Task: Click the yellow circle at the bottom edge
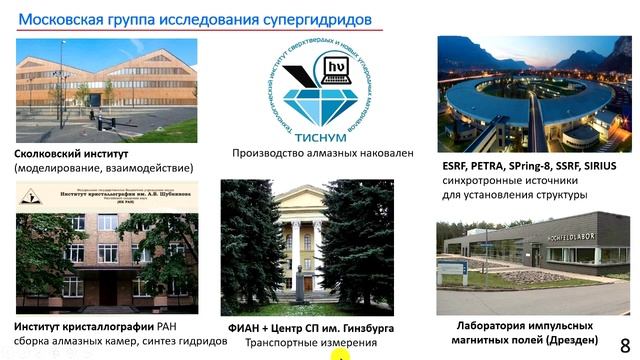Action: click(341, 355)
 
